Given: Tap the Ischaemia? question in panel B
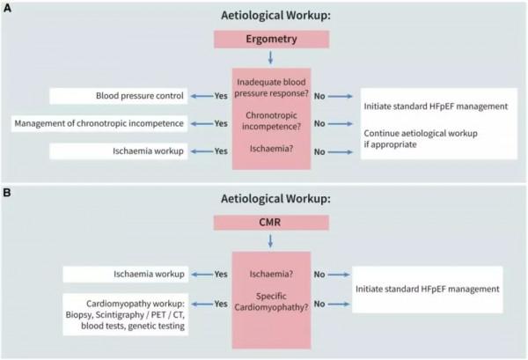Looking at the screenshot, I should [x=279, y=275].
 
